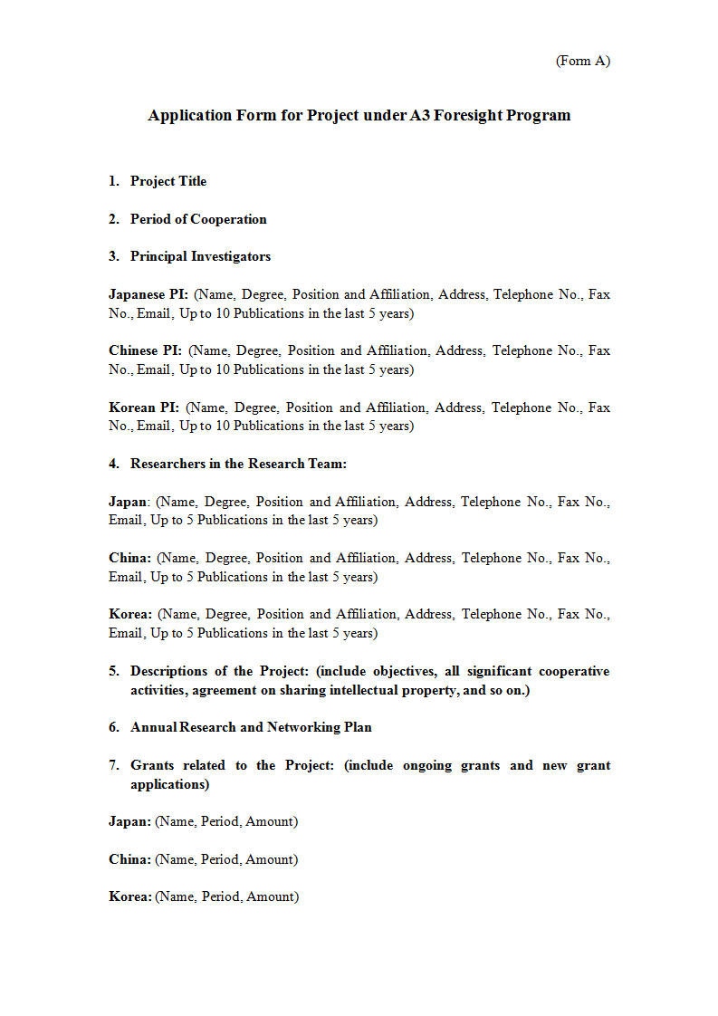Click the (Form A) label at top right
tap(582, 61)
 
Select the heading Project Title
tap(168, 181)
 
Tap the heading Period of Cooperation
tap(198, 219)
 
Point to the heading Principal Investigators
tap(200, 256)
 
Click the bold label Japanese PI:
tap(148, 294)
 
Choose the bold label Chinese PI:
tap(145, 350)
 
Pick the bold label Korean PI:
tap(144, 407)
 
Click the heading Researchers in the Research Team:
tap(238, 464)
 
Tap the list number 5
tap(114, 671)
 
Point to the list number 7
tap(114, 765)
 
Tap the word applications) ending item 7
tap(169, 784)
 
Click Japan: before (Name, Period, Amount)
tap(129, 821)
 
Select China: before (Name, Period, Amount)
tap(129, 859)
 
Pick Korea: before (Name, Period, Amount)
tap(129, 896)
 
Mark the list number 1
tap(114, 181)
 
